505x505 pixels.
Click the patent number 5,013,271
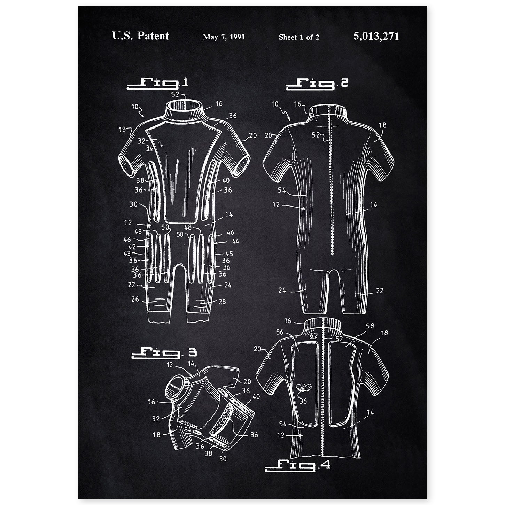pyautogui.click(x=376, y=36)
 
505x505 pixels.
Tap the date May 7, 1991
pyautogui.click(x=224, y=37)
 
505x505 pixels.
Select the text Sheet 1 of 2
pyautogui.click(x=299, y=37)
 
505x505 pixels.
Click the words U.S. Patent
pyautogui.click(x=140, y=36)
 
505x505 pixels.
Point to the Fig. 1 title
pyautogui.click(x=157, y=84)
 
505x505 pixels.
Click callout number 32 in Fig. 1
pyautogui.click(x=141, y=141)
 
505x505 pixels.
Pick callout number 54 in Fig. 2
pyautogui.click(x=282, y=190)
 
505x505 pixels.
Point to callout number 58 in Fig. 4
pyautogui.click(x=370, y=326)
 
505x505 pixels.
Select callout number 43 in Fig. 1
pyautogui.click(x=127, y=254)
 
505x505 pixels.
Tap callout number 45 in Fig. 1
pyautogui.click(x=229, y=254)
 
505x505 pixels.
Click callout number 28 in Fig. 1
pyautogui.click(x=222, y=302)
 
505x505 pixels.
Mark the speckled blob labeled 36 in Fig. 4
pyautogui.click(x=303, y=387)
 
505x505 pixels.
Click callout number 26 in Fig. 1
pyautogui.click(x=135, y=299)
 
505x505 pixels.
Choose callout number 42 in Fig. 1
pyautogui.click(x=132, y=246)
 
